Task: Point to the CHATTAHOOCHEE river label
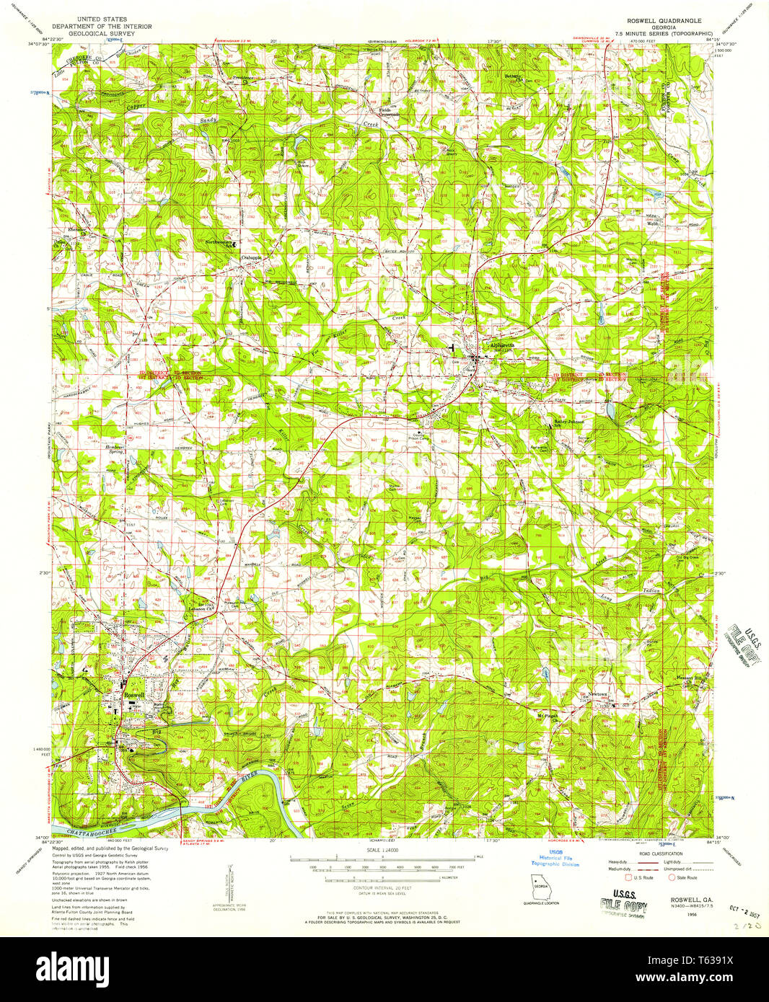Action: [x=87, y=832]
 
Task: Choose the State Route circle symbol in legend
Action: [x=672, y=878]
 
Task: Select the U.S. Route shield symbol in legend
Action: [x=628, y=878]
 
